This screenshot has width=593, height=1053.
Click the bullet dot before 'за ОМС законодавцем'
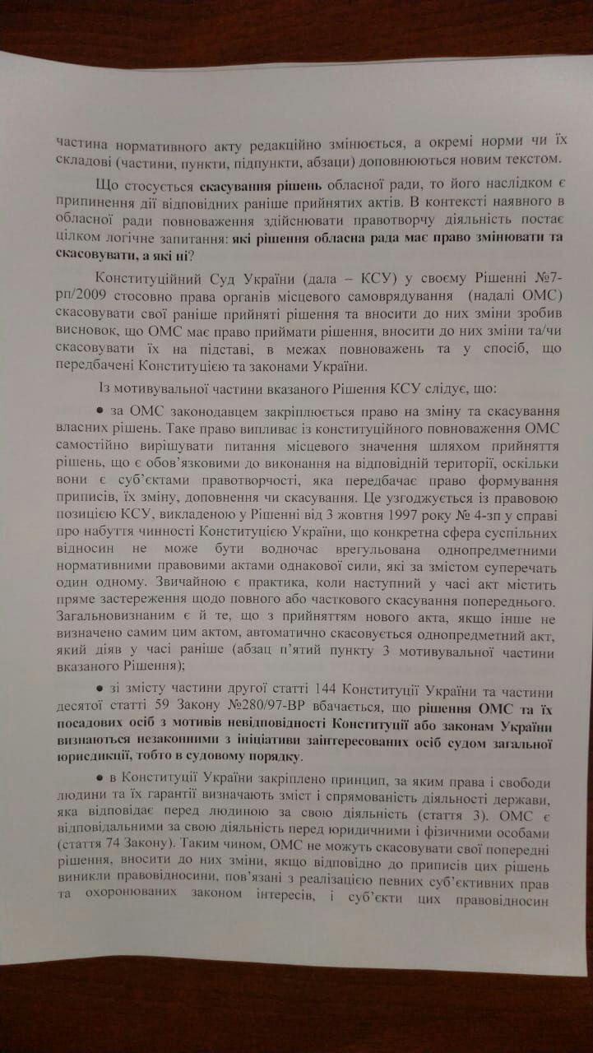(100, 410)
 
